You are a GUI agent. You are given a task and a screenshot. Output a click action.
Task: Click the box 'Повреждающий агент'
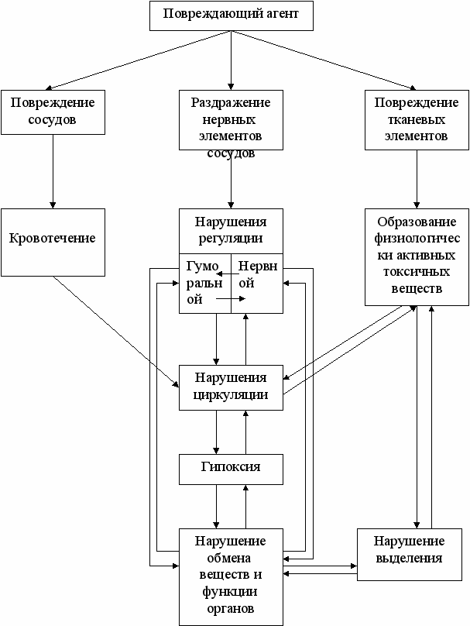click(231, 15)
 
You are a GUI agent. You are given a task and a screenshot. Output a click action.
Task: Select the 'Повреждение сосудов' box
click(53, 112)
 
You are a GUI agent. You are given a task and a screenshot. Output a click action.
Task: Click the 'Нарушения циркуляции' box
click(231, 386)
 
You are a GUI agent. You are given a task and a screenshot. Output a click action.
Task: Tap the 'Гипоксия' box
click(231, 467)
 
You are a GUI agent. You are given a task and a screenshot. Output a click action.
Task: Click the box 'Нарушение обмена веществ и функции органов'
click(231, 576)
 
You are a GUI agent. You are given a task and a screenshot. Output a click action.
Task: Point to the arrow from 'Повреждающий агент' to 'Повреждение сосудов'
click(139, 61)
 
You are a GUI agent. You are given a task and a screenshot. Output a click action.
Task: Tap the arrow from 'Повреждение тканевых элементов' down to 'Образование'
click(417, 178)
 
